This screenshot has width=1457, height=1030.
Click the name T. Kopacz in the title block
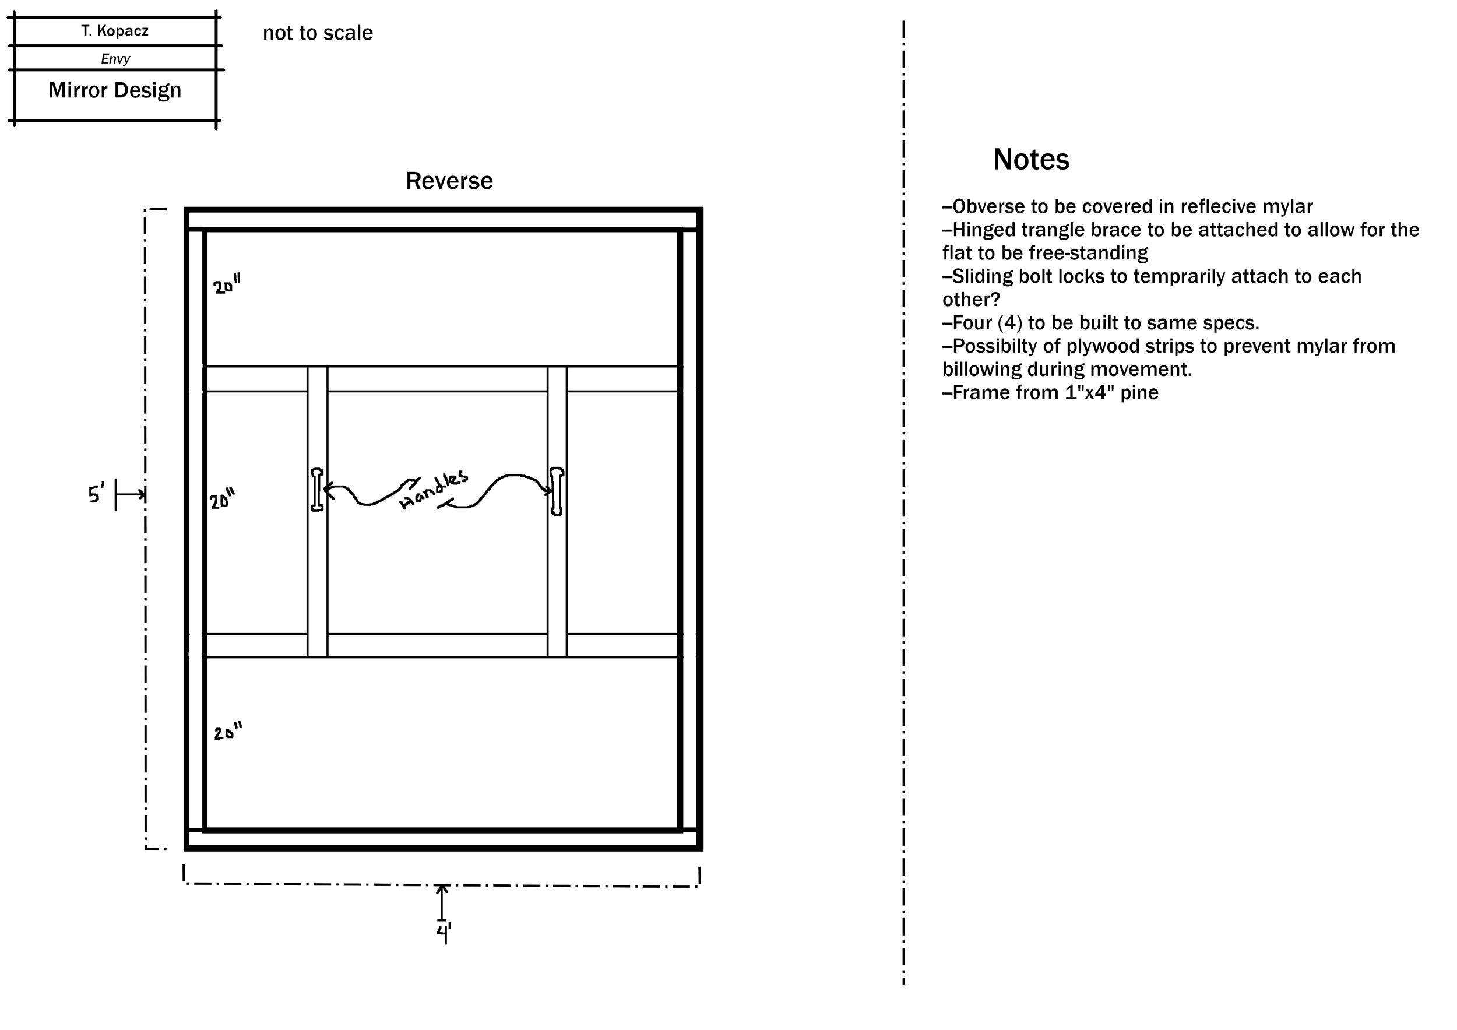coord(115,31)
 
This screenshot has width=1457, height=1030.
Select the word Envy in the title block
coord(115,59)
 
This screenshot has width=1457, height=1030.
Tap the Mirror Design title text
coord(115,90)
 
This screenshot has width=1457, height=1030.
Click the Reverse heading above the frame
coord(449,181)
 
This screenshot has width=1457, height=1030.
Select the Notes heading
coord(1030,159)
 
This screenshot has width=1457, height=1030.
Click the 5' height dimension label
coord(96,493)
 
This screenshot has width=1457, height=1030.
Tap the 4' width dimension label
coord(443,933)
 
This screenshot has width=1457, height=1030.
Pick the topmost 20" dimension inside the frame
coord(227,285)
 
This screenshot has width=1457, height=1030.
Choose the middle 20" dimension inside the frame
coord(222,500)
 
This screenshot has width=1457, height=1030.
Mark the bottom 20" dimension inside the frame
coord(227,732)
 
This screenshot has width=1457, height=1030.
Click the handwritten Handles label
coord(434,490)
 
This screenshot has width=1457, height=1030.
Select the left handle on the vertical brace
coord(316,489)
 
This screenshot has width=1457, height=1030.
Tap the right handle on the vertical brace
coord(557,491)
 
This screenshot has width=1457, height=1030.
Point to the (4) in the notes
coord(1009,323)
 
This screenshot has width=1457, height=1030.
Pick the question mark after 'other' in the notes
coord(995,300)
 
